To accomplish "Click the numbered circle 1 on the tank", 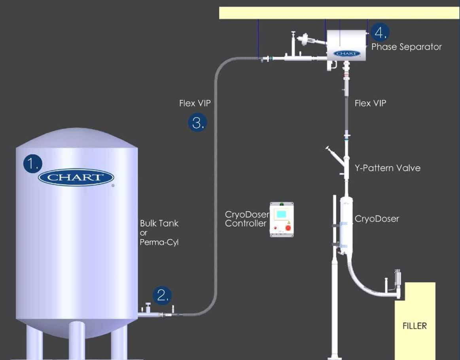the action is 32,164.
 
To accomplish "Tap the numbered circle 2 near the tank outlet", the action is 162,296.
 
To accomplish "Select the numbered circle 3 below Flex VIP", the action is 197,122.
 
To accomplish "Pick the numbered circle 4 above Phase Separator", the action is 380,32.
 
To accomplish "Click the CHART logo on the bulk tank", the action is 76,177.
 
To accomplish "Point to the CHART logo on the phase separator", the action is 347,53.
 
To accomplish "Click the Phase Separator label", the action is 406,47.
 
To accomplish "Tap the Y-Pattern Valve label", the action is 388,168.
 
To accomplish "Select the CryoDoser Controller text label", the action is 247,219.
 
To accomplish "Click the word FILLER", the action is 415,326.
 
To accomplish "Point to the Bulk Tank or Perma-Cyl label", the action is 159,233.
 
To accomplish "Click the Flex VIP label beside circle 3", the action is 195,103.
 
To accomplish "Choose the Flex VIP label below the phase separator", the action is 370,103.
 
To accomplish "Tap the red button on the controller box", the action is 288,228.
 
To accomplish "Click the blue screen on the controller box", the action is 281,214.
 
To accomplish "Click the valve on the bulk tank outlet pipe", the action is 148,308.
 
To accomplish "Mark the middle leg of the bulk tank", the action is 77,340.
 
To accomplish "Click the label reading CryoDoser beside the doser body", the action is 377,219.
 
